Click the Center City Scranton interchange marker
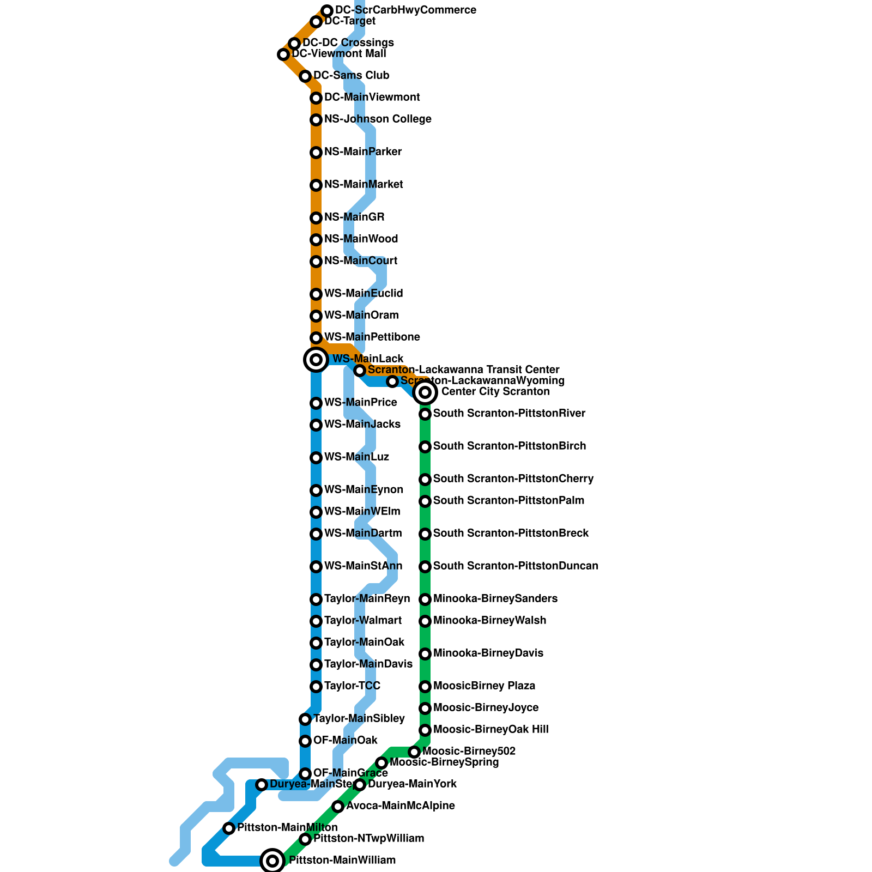425,392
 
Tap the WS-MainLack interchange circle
316,360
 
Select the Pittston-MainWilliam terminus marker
272,861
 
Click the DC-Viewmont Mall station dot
283,55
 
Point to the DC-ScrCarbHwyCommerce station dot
327,11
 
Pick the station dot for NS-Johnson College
316,120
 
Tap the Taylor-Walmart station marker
316,621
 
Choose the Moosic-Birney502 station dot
414,752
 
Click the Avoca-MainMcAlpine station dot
338,807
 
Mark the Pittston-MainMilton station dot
229,828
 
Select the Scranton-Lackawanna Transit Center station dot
360,371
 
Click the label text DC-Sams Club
352,75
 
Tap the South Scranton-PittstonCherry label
513,479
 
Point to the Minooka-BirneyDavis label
488,653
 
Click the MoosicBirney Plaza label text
484,686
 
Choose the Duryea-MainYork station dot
360,785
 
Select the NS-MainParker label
363,152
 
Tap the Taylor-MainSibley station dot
305,719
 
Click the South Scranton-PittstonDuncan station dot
425,567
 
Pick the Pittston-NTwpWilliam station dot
305,839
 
